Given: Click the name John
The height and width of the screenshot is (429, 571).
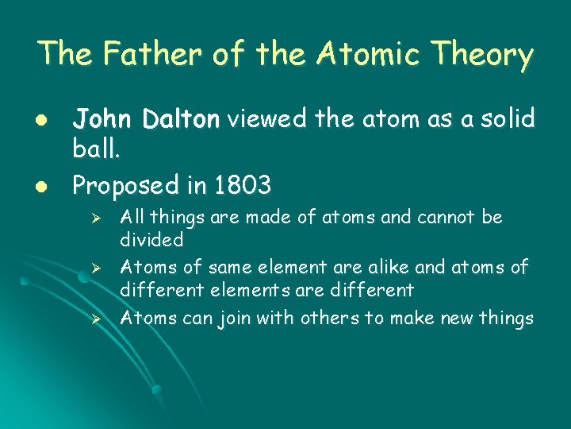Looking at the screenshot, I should [101, 119].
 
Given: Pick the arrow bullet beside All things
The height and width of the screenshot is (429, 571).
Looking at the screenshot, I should [94, 217].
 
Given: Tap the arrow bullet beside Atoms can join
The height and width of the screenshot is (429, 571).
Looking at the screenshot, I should [94, 319].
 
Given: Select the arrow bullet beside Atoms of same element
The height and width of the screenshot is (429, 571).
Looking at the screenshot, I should [94, 268].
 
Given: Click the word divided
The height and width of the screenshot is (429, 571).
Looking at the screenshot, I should [151, 239].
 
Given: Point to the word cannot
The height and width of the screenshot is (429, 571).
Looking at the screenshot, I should [435, 217].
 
